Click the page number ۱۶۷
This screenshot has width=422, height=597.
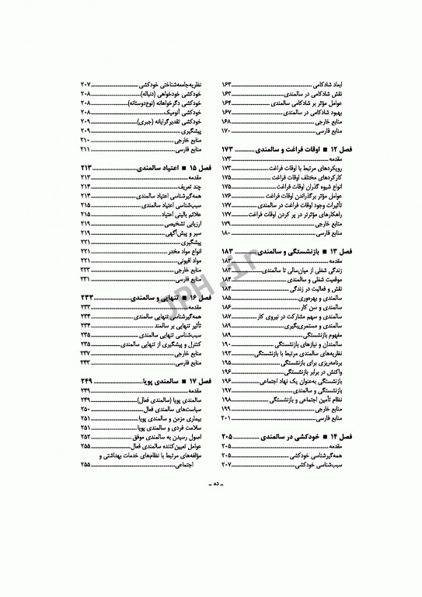click(229, 113)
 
